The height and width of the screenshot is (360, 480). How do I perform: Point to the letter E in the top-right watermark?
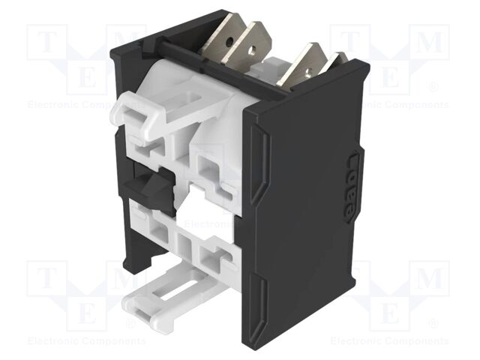pyautogui.click(x=390, y=75)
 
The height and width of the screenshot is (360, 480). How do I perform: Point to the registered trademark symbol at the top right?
pyautogui.click(x=433, y=88)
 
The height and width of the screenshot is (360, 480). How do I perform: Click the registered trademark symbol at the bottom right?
pyautogui.click(x=433, y=323)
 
